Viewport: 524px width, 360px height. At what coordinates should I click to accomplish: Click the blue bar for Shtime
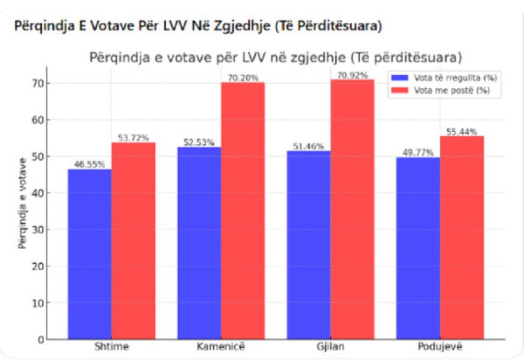click(x=89, y=253)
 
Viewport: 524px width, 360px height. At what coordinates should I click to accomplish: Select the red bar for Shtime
click(x=133, y=240)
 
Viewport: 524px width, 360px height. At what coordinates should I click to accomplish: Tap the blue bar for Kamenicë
click(x=199, y=242)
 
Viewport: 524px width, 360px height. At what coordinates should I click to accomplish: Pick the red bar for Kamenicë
click(x=243, y=210)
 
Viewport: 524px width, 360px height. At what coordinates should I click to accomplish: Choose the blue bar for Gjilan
click(x=308, y=245)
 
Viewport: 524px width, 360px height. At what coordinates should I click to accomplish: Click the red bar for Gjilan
click(x=352, y=209)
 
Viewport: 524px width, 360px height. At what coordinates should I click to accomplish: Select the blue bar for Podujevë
click(x=418, y=248)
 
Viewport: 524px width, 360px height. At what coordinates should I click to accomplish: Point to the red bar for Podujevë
click(x=462, y=237)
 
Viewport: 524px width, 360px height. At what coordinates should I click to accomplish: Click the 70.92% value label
click(x=353, y=76)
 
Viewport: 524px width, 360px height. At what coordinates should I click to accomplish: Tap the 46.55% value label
click(x=89, y=165)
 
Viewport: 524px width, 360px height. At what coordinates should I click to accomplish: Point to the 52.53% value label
click(x=199, y=142)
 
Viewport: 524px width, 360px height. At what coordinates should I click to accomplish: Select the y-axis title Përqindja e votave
click(x=22, y=203)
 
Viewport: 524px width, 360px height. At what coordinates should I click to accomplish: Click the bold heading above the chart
click(x=197, y=28)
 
